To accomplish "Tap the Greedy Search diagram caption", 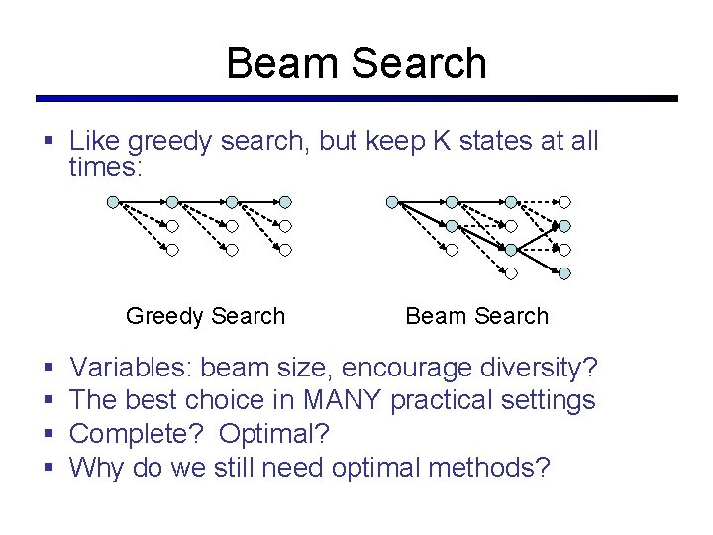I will click(x=205, y=316).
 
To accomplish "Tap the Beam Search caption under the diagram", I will click(x=476, y=316).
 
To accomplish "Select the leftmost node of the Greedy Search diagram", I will click(x=113, y=201).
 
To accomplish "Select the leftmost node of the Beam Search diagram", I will click(x=392, y=201).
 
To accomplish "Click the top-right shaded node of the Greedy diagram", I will click(x=285, y=201).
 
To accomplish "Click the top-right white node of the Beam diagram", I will click(x=564, y=201).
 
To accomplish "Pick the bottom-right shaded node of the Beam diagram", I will click(x=564, y=273).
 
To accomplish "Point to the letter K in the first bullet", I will click(x=441, y=142).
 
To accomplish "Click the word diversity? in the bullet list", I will click(x=540, y=369).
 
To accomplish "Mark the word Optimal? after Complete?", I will click(x=274, y=433).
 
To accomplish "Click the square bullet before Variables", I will click(x=50, y=370).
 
